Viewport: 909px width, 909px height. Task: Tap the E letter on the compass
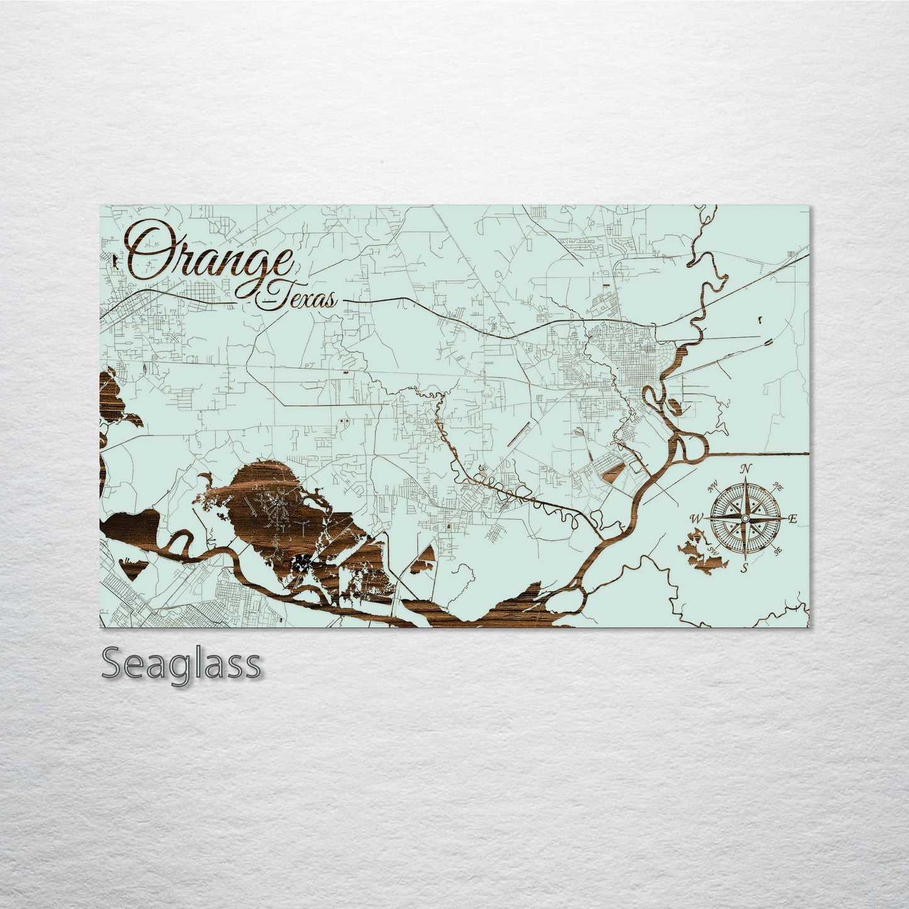point(793,519)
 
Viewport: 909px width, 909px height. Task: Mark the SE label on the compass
point(778,551)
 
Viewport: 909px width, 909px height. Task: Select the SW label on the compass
point(713,551)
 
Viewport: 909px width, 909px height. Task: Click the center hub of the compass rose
point(744,518)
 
